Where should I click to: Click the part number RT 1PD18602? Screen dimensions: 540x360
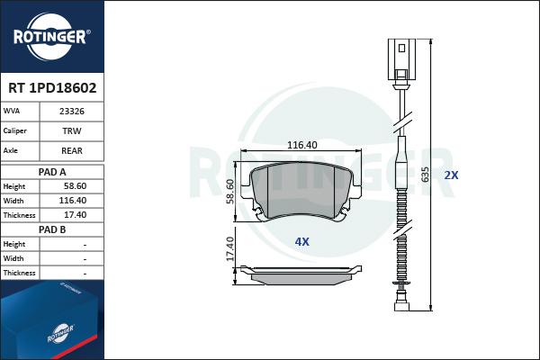coord(52,88)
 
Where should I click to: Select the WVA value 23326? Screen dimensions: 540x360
coord(72,112)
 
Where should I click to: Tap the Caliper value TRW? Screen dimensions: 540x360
coord(72,130)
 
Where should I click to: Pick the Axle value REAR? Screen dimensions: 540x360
coord(72,150)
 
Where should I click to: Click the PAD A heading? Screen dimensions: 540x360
coord(52,172)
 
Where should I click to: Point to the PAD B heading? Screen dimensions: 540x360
coord(52,229)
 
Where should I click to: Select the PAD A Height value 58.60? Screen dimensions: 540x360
coord(75,186)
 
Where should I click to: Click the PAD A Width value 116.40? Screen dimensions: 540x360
coord(73,201)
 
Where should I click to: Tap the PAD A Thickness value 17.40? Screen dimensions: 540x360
coord(75,215)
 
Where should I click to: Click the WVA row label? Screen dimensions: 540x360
coord(12,111)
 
